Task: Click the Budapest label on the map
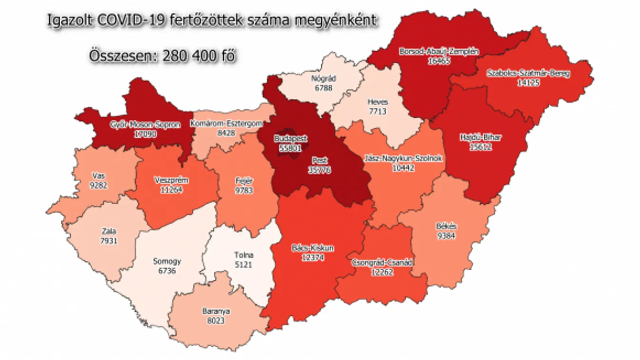[x=290, y=139]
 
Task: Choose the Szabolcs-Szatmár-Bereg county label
[x=528, y=74]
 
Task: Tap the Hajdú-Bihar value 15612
[x=481, y=147]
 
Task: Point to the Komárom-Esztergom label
[x=226, y=124]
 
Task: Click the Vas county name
[x=99, y=176]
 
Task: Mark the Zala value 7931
[x=109, y=241]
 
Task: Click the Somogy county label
[x=167, y=261]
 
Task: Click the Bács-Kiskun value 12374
[x=312, y=257]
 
